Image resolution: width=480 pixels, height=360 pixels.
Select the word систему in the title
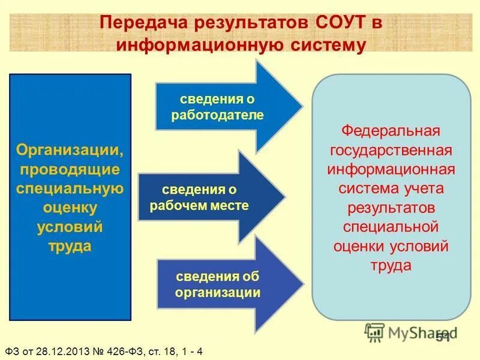click(325, 45)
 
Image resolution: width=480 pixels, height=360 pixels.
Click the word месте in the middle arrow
click(234, 205)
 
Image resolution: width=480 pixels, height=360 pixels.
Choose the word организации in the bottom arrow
click(218, 292)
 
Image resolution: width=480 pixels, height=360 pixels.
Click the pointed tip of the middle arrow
click(284, 197)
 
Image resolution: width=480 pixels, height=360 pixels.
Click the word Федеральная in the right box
click(391, 130)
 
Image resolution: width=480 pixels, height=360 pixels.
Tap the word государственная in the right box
click(391, 149)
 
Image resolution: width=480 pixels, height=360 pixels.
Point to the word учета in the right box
click(423, 188)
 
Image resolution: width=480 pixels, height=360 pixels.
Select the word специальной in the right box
click(391, 227)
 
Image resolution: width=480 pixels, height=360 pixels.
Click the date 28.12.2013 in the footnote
click(61, 350)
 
